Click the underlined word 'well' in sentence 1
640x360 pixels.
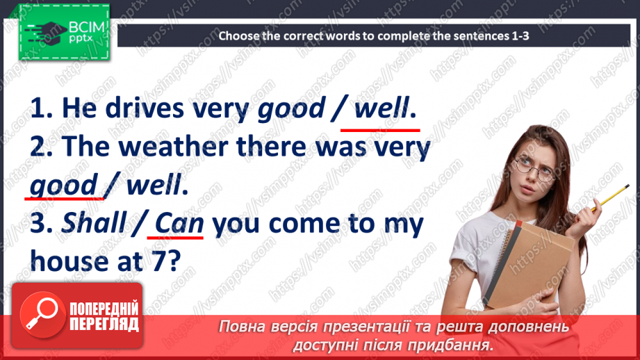point(381,109)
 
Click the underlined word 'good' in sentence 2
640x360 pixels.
point(63,186)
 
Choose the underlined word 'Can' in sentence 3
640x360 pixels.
point(178,224)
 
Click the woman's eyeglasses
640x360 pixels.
point(534,166)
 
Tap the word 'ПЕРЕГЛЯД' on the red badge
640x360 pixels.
point(104,324)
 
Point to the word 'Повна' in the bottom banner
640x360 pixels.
point(240,326)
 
